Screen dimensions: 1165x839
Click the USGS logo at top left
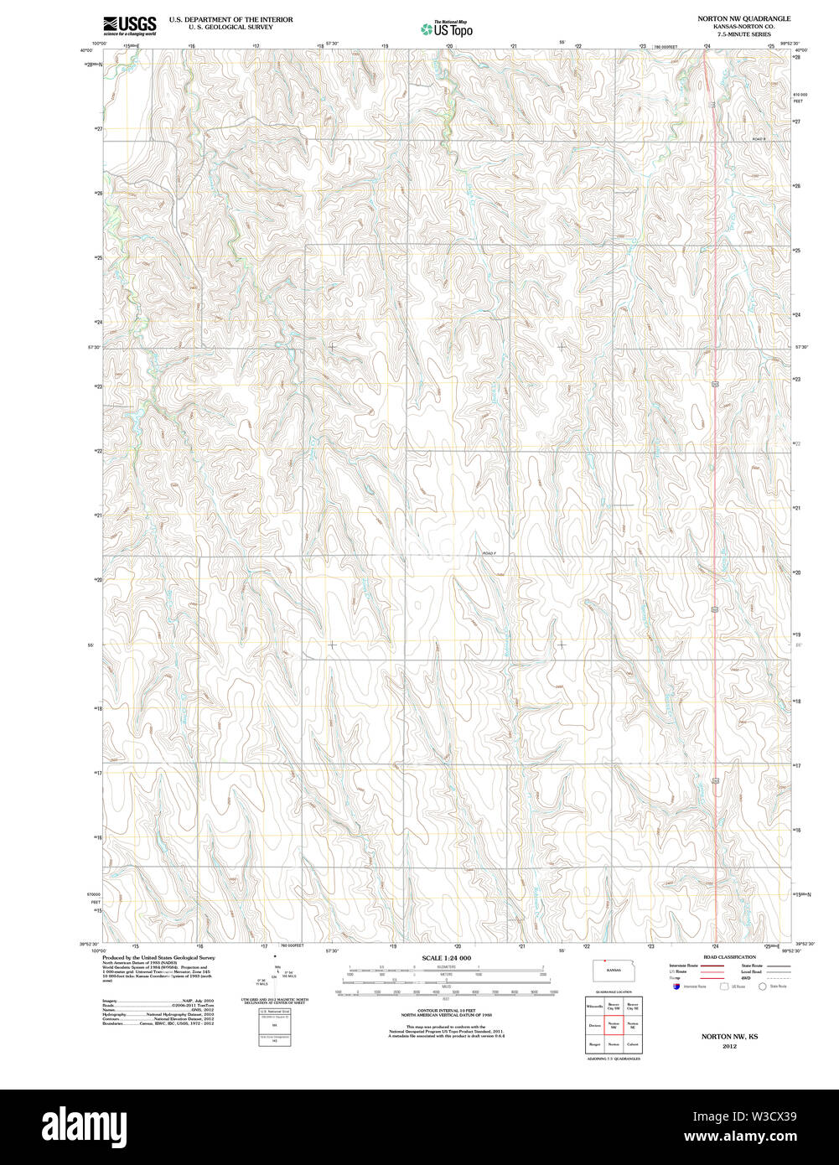pyautogui.click(x=130, y=25)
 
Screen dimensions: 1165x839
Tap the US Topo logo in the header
pyautogui.click(x=447, y=29)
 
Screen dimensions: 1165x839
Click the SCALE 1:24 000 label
pyautogui.click(x=446, y=958)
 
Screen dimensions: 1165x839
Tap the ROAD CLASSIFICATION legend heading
pyautogui.click(x=728, y=956)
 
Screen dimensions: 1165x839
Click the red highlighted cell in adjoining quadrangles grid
pyautogui.click(x=614, y=1025)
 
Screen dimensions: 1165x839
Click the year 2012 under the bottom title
pyautogui.click(x=728, y=1046)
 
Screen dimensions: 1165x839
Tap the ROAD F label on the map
pyautogui.click(x=489, y=553)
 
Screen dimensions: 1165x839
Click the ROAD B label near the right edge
pyautogui.click(x=759, y=138)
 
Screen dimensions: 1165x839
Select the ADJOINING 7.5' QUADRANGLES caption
pyautogui.click(x=613, y=1059)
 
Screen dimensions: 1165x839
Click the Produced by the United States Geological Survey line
pyautogui.click(x=158, y=957)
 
